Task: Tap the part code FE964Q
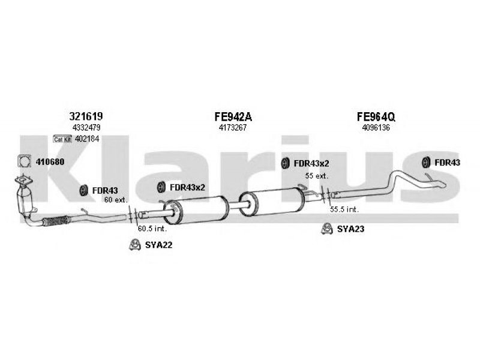pos(376,116)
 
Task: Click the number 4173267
pos(232,128)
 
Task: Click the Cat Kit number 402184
pos(86,139)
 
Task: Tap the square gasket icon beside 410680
pos(23,161)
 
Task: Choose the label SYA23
pos(350,229)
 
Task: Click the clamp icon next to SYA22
pos(136,244)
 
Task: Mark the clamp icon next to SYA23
pos(327,228)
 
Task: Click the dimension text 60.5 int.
pos(151,229)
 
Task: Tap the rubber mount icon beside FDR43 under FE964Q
pos(426,161)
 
